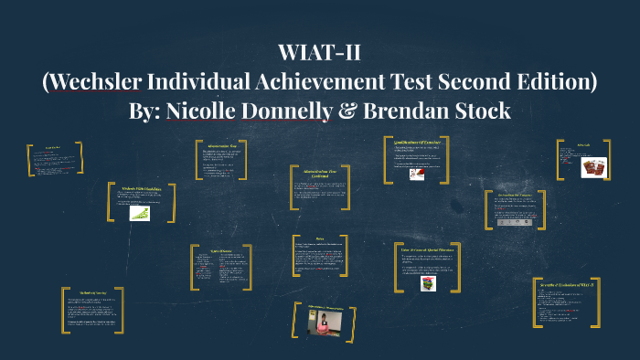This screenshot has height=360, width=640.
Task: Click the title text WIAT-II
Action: [x=319, y=53]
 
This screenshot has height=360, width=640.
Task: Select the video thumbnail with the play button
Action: [x=325, y=322]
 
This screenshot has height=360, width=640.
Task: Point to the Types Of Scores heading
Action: [x=211, y=248]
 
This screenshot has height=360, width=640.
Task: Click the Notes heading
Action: [x=319, y=238]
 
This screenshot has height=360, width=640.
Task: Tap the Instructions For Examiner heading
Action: [x=516, y=194]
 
